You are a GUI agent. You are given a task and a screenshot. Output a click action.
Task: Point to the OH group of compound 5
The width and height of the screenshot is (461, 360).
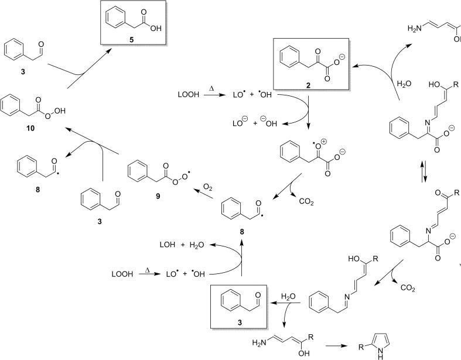coord(156,27)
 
